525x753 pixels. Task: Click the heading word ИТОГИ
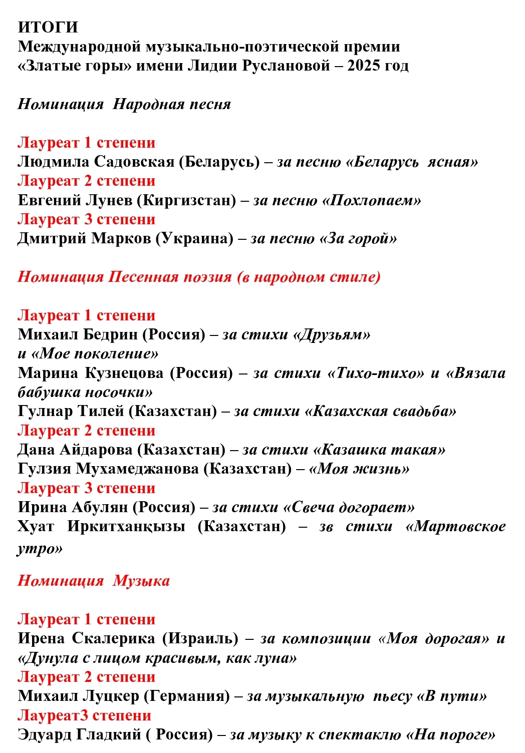pos(48,27)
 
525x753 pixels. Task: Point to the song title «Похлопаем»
pos(371,200)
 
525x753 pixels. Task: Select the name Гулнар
pos(45,412)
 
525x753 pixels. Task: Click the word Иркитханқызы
pos(126,527)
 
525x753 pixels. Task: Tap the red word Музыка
pos(141,581)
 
